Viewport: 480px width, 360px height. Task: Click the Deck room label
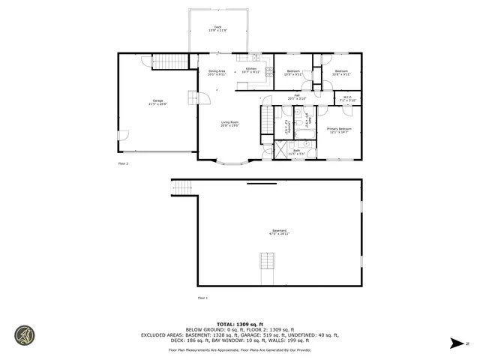pyautogui.click(x=217, y=28)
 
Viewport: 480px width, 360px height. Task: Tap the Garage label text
pyautogui.click(x=157, y=101)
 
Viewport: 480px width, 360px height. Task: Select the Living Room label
pyautogui.click(x=229, y=124)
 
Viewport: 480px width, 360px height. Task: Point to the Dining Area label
pyautogui.click(x=217, y=72)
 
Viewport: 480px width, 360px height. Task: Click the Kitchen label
pyautogui.click(x=250, y=72)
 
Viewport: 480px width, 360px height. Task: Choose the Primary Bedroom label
pyautogui.click(x=339, y=130)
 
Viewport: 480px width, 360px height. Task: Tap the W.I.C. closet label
pyautogui.click(x=348, y=98)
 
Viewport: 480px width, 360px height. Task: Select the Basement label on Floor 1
pyautogui.click(x=279, y=232)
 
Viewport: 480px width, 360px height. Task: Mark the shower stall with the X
pyautogui.click(x=279, y=149)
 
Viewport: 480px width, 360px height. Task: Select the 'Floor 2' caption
pyautogui.click(x=124, y=163)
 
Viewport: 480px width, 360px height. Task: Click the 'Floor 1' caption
pyautogui.click(x=202, y=298)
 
